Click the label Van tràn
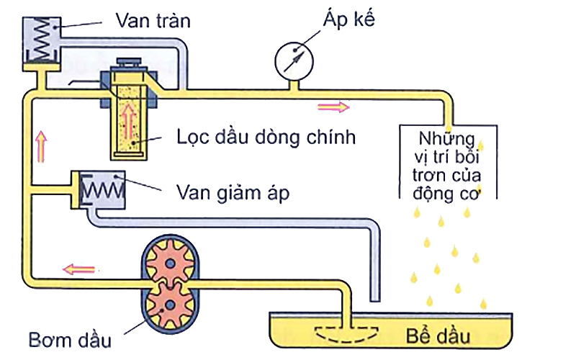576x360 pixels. tap(153, 21)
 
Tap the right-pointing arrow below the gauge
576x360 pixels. tap(333, 107)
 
